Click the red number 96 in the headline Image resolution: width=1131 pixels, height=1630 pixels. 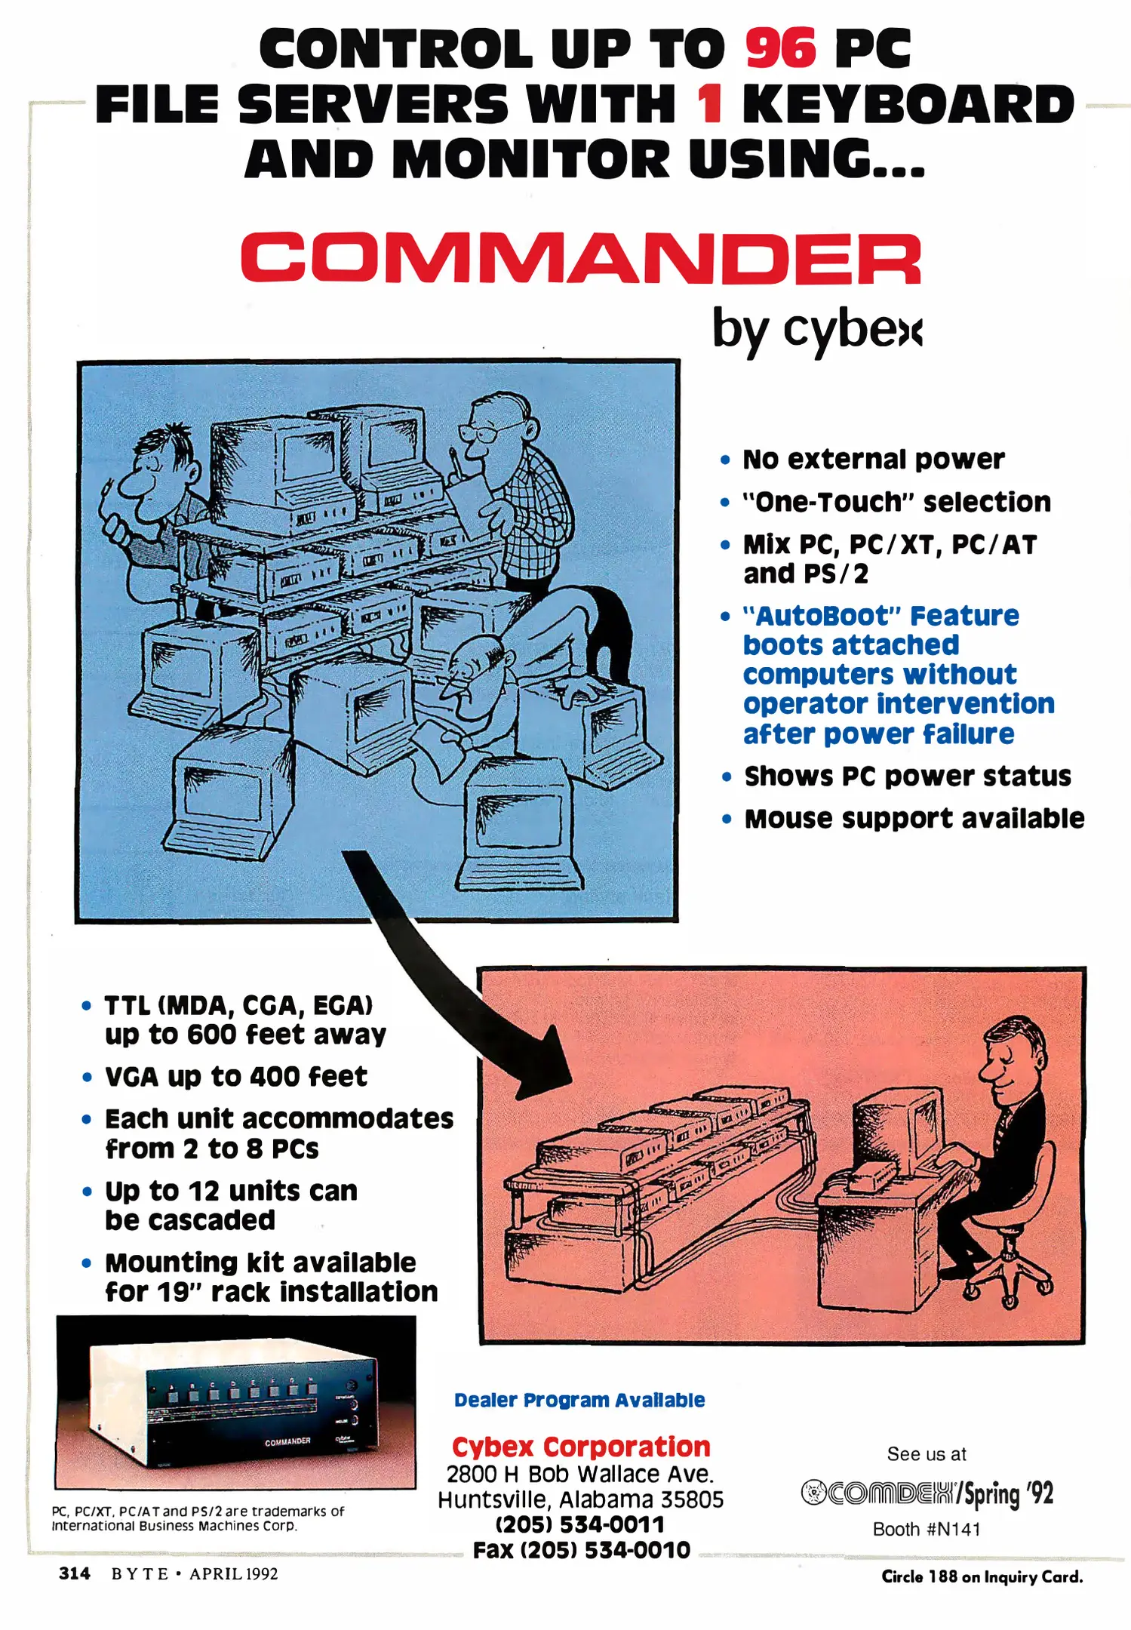pos(780,48)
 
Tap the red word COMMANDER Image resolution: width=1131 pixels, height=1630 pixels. pos(581,258)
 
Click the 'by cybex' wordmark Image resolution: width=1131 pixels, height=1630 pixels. pos(817,330)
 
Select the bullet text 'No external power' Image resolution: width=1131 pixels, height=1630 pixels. pos(874,459)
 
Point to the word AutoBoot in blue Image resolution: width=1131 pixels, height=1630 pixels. pos(825,616)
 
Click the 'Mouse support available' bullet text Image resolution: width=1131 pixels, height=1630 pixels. pos(914,818)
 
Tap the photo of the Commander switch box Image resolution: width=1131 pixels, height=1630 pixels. pos(235,1402)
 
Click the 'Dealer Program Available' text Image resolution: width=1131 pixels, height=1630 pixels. pos(579,1400)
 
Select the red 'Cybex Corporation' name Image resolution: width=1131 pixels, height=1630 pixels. pos(581,1447)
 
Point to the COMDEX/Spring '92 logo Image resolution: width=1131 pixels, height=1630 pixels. pos(927,1493)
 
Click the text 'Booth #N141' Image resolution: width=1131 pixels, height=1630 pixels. pos(927,1529)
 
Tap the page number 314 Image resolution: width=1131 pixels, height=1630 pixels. pos(75,1573)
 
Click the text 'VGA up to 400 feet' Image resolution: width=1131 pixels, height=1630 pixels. pos(236,1076)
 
